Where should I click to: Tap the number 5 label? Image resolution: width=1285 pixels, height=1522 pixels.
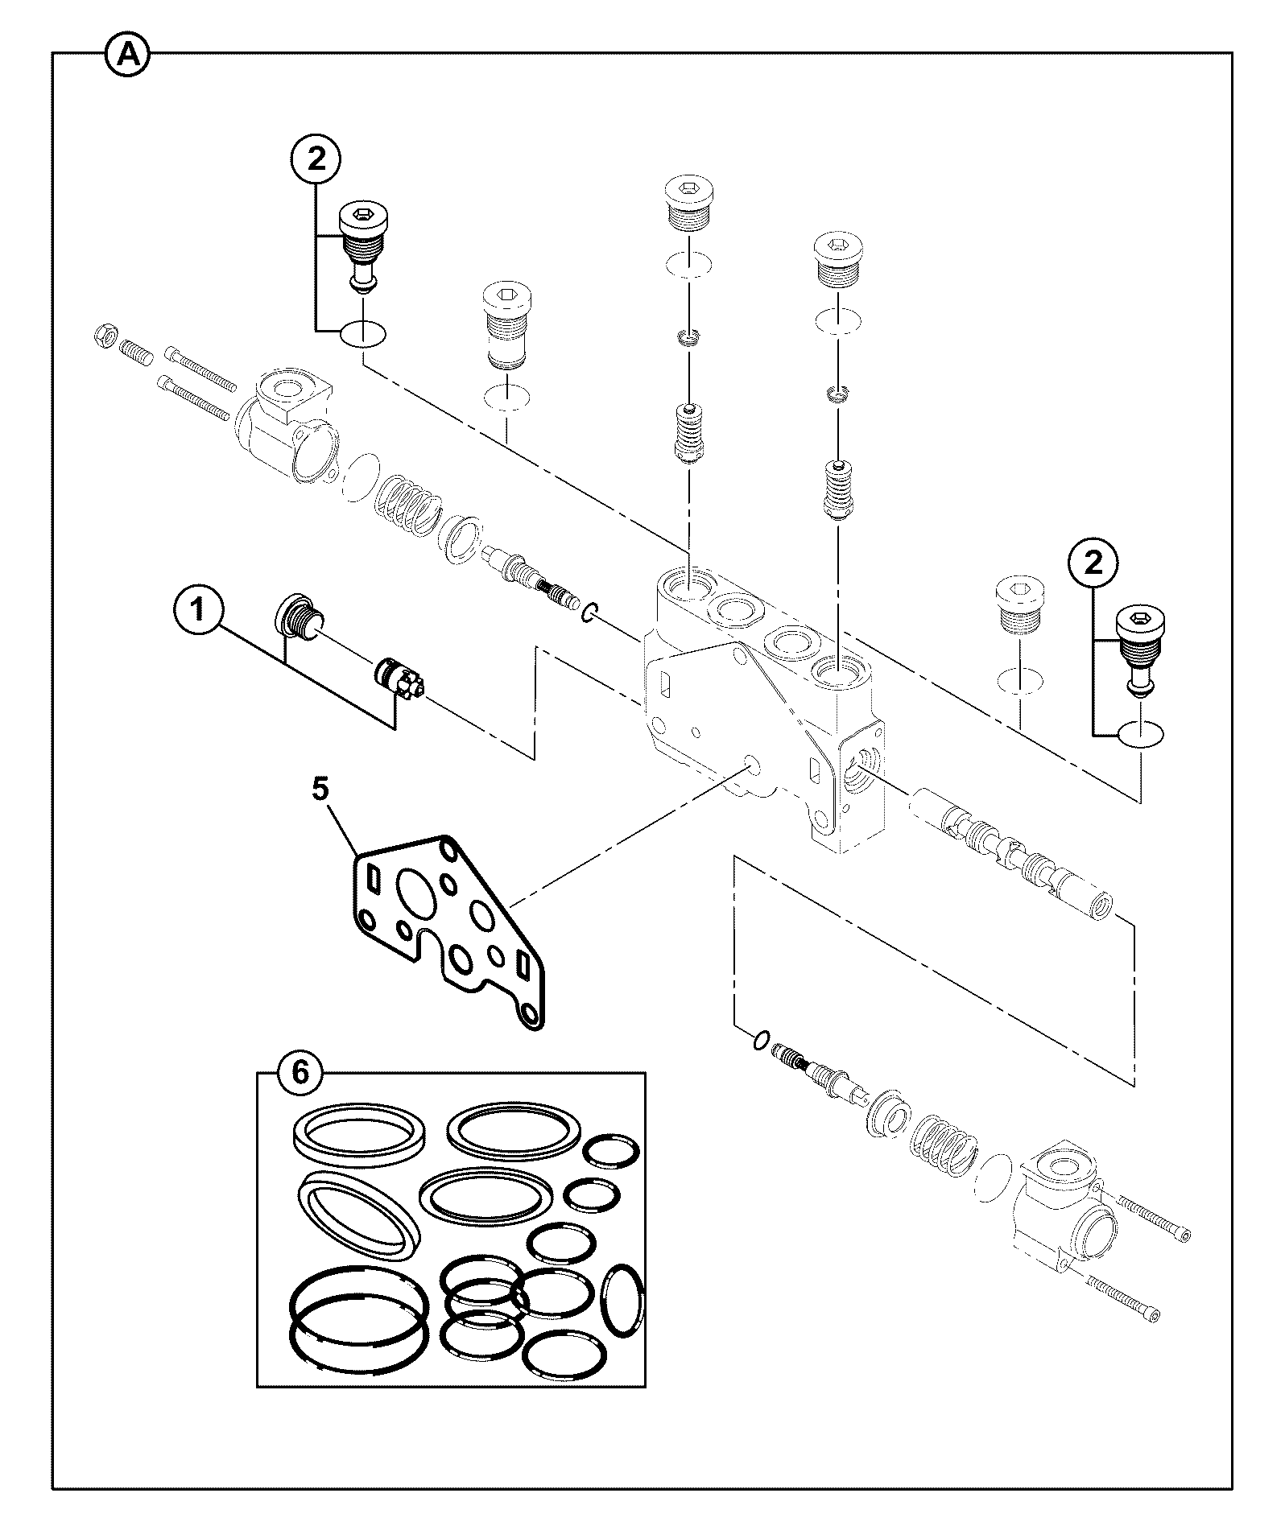click(320, 790)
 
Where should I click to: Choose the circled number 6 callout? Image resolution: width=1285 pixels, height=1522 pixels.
click(300, 1073)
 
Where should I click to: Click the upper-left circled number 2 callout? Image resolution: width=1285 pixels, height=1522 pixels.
click(316, 159)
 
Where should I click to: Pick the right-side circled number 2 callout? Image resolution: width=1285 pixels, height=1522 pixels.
click(1093, 563)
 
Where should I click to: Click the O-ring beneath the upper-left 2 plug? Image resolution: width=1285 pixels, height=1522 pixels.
click(362, 334)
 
